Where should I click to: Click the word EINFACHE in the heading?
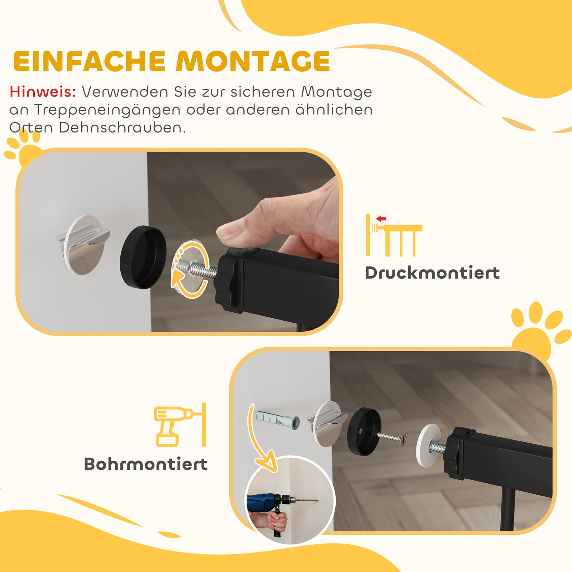(89, 62)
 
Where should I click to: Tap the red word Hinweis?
(43, 92)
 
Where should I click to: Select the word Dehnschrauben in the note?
(122, 127)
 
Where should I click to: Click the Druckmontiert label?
(432, 273)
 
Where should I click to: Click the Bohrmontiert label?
(146, 464)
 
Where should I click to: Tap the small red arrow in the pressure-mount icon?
(381, 219)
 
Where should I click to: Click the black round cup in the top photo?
(143, 257)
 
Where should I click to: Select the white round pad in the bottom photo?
(430, 445)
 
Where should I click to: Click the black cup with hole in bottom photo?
(364, 431)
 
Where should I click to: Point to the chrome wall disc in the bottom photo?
(327, 424)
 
